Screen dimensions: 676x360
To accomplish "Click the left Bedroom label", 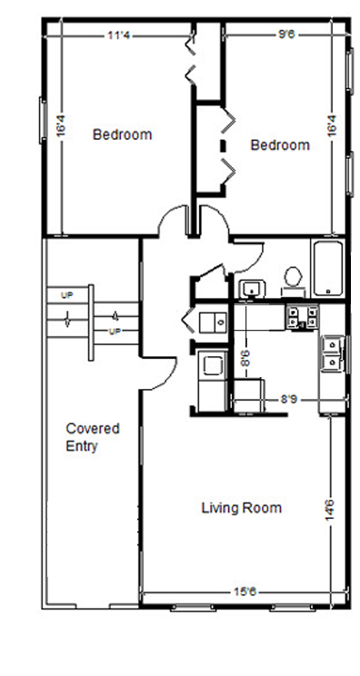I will pos(123,135).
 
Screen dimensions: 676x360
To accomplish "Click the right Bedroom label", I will pos(280,145).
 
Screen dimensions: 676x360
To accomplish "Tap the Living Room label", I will pos(241,508).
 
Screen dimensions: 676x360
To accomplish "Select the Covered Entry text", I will pos(93,437).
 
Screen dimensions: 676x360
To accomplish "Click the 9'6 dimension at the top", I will pos(287,37).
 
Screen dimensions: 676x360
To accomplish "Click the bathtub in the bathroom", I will pos(327,269).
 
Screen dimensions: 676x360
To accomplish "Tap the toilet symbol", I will pos(293,277).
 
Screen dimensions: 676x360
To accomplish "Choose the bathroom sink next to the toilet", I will pos(249,290).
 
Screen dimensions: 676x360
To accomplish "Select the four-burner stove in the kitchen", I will pos(302,316).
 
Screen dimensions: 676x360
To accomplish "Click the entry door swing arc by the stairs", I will pos(157,368).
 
